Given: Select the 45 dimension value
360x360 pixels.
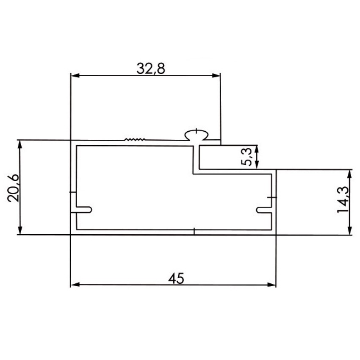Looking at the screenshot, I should point(176,278).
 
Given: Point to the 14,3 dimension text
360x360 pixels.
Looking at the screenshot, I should point(343,199).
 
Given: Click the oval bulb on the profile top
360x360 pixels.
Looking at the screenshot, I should point(197,135).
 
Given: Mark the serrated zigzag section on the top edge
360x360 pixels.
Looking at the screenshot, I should point(135,139).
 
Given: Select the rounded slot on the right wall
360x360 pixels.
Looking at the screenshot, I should point(264,209).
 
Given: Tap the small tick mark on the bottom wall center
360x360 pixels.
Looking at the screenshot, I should point(194,231).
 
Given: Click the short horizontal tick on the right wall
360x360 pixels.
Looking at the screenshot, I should point(272,198).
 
